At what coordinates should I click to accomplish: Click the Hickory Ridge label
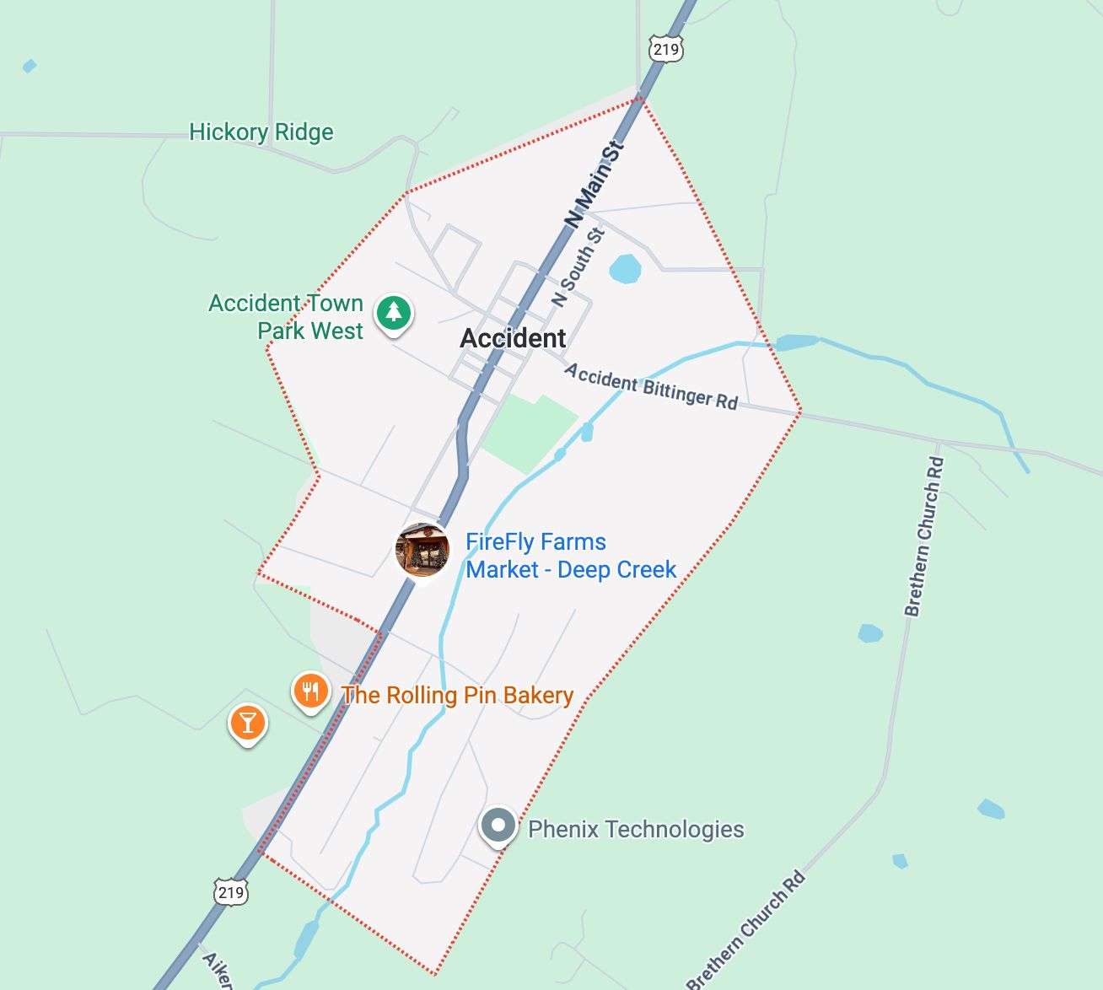coord(261,132)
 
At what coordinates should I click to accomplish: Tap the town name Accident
coord(513,338)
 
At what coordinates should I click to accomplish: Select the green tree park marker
coord(393,314)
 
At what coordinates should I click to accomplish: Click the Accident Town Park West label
coord(286,317)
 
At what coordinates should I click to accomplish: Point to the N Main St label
coord(595,185)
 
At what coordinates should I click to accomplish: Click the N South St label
coord(578,267)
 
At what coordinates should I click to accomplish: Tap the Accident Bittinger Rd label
coord(651,386)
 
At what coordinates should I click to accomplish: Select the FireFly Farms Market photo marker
coord(422,549)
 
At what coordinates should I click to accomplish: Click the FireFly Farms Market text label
coord(571,556)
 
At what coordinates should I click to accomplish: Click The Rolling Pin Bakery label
coord(457,695)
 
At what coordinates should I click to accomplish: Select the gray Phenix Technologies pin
coord(498,826)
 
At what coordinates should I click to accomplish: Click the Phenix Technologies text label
coord(636,830)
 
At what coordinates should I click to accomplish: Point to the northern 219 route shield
coord(665,49)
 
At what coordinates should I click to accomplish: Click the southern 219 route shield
coord(230,892)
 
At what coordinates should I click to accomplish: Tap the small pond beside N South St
coord(625,269)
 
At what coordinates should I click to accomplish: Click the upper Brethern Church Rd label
coord(924,536)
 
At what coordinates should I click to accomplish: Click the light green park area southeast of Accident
coord(529,430)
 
